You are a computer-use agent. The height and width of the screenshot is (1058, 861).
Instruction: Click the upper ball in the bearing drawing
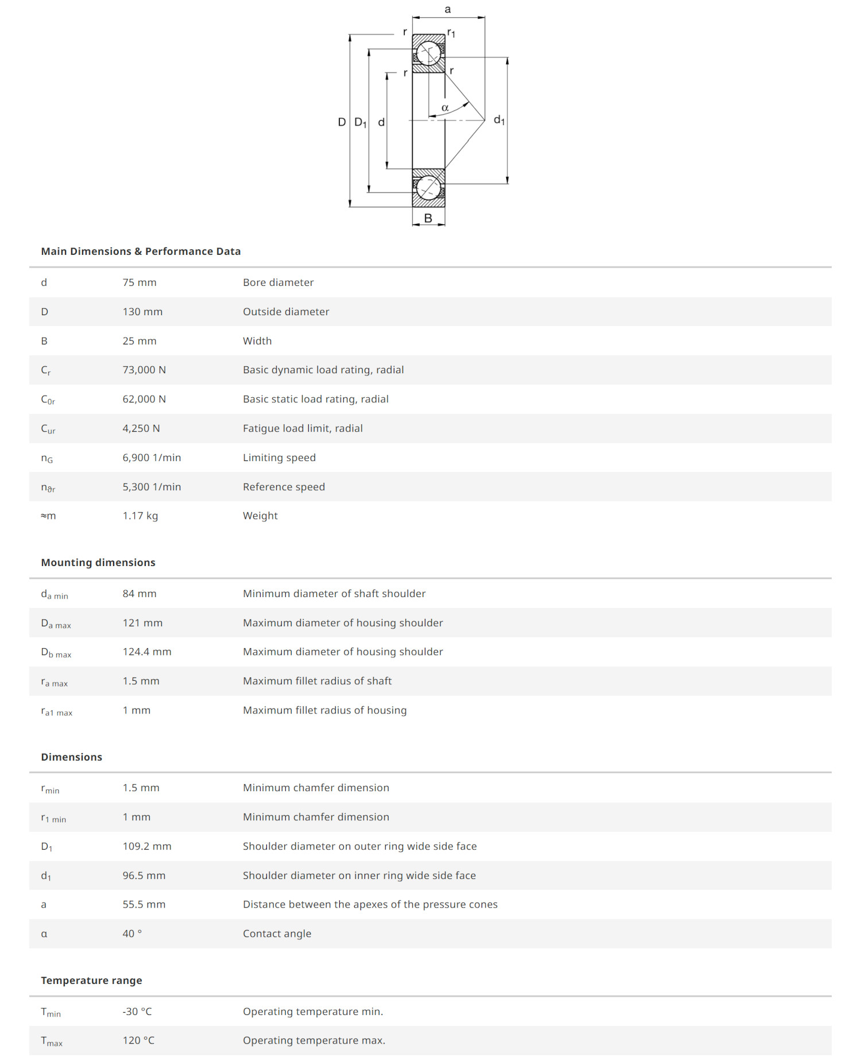428,54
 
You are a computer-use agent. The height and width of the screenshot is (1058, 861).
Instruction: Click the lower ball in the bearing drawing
428,187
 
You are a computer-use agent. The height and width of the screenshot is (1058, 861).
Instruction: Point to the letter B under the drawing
428,218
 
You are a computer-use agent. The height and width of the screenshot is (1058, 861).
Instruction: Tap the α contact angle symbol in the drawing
445,108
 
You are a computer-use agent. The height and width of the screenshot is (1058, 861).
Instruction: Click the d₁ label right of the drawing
499,120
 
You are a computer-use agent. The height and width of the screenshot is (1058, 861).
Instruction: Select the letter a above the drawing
448,9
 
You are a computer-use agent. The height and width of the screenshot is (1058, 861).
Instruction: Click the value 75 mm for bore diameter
139,282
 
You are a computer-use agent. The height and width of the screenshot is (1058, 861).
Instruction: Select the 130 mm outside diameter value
142,312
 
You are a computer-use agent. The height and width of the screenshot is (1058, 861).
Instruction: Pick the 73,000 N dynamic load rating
144,370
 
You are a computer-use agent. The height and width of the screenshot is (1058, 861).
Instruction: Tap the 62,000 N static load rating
144,399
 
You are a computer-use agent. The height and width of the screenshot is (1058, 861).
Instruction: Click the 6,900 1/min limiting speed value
152,458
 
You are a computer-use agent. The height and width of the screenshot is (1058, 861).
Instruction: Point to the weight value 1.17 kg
140,516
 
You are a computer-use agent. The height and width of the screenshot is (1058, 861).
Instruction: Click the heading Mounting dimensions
98,563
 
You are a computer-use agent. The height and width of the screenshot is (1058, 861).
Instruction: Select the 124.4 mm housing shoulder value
147,652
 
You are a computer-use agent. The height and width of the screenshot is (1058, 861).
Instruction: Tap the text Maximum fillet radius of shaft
317,681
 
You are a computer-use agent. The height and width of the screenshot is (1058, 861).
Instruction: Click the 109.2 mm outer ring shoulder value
147,846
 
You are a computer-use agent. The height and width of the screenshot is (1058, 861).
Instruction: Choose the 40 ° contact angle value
132,933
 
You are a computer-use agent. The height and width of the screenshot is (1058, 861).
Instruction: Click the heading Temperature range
91,981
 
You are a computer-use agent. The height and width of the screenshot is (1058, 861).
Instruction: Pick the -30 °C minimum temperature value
137,1012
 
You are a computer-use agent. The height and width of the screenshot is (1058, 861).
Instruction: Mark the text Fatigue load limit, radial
302,428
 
